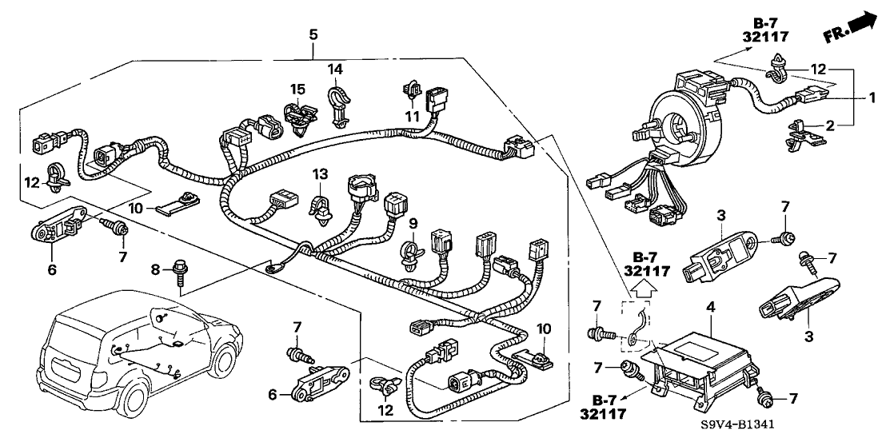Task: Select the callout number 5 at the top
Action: pos(313,34)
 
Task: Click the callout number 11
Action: pos(413,116)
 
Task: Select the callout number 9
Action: pos(413,222)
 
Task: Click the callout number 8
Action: pos(157,270)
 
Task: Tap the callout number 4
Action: pos(711,305)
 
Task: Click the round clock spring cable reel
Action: pos(680,120)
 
